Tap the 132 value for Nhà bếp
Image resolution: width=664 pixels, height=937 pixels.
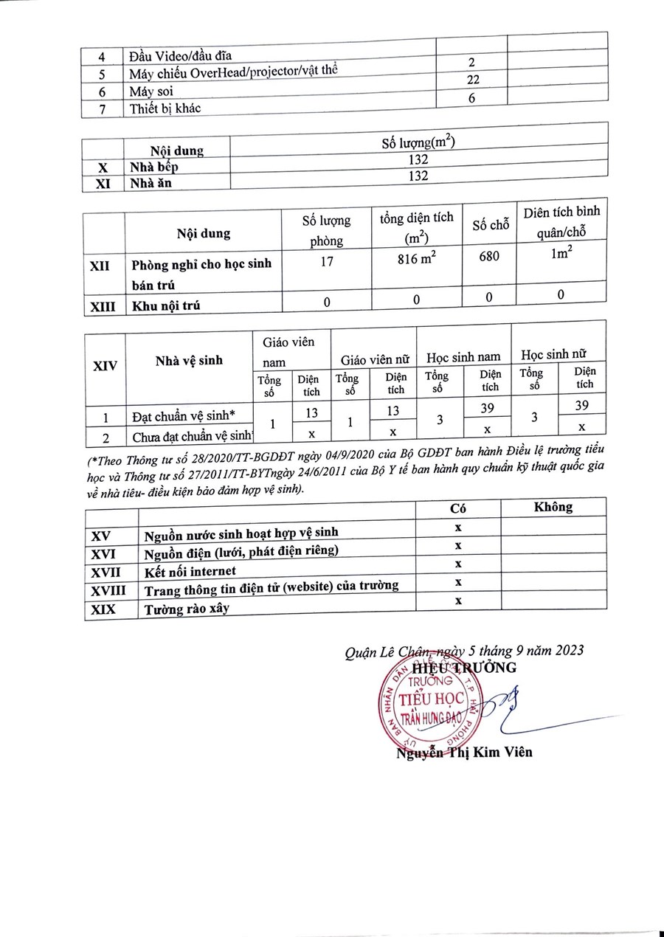click(418, 159)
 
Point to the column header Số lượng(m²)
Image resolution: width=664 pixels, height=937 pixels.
click(418, 142)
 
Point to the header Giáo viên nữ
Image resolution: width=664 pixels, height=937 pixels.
click(374, 361)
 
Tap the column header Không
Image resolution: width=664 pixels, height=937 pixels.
click(553, 507)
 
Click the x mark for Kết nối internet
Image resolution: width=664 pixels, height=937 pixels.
click(458, 564)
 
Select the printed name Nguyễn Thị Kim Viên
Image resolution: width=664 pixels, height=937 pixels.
click(464, 753)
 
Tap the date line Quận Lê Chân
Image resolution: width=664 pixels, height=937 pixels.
click(464, 650)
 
